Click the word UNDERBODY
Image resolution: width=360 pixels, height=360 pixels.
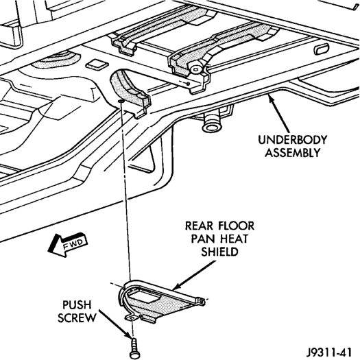(293, 140)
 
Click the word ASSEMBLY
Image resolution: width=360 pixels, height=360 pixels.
(293, 152)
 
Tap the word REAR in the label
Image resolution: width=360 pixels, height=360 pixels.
(199, 226)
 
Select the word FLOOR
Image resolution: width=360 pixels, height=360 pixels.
(237, 226)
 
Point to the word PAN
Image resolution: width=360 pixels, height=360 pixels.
(203, 239)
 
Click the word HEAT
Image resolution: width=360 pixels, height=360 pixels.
(235, 239)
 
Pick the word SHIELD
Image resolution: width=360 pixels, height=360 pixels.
(219, 252)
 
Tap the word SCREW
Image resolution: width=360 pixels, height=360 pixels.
(77, 317)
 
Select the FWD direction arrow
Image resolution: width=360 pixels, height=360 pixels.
(67, 245)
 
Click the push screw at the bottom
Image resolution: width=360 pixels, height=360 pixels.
(133, 349)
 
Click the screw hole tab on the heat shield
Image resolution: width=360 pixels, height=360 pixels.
(132, 317)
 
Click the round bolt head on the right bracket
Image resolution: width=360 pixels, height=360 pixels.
(195, 69)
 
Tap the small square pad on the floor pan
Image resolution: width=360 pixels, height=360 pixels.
(97, 64)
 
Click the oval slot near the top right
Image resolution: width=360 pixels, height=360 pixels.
(321, 49)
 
